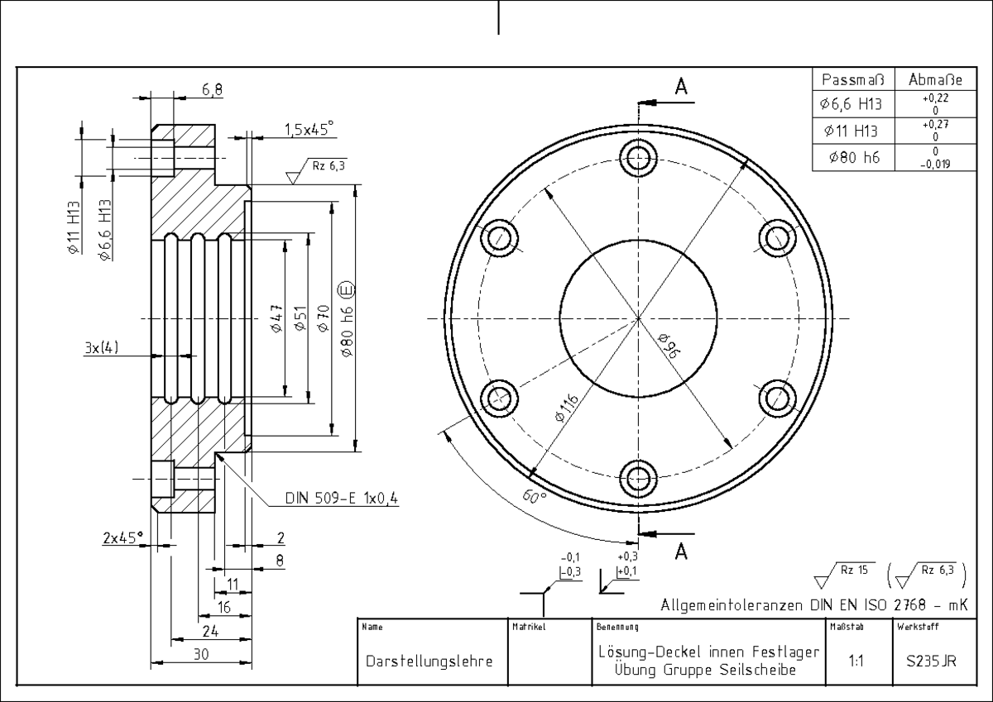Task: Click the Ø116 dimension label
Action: (x=567, y=408)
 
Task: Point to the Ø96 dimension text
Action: (x=669, y=346)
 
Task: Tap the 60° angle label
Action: (x=535, y=496)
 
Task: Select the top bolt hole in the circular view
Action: (x=638, y=158)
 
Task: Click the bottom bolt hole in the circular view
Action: (x=638, y=479)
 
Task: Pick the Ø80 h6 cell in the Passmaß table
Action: (x=854, y=157)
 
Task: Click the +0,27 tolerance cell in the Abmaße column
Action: (x=935, y=130)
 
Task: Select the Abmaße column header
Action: (x=935, y=79)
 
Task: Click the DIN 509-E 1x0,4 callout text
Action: (x=341, y=499)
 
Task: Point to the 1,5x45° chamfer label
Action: (x=309, y=129)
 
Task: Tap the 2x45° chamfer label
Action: (x=123, y=537)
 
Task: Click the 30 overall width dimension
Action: (x=201, y=654)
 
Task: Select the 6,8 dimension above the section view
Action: (x=213, y=90)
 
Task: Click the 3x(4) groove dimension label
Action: (x=102, y=347)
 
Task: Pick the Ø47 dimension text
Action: (x=276, y=318)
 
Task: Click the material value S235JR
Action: (x=931, y=661)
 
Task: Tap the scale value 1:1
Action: (x=856, y=661)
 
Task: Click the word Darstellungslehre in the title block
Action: (x=429, y=661)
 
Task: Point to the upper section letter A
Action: (x=681, y=86)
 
